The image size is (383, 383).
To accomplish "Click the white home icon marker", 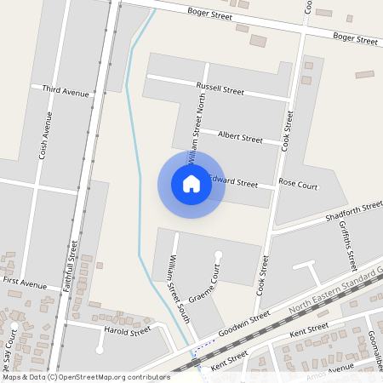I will tap(191, 184).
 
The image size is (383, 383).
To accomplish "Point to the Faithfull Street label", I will tap(71, 266).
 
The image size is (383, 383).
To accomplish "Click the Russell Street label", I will tap(220, 89).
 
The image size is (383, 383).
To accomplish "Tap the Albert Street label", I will tap(240, 137).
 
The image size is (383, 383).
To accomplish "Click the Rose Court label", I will tap(298, 184).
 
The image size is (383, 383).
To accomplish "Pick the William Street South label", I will tap(178, 289).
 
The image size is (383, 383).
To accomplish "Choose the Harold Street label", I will tap(127, 330).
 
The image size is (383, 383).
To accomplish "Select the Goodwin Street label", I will tap(243, 324).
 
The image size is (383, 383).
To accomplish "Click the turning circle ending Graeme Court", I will tap(219, 254).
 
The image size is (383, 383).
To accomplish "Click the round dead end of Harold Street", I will tap(100, 350).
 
